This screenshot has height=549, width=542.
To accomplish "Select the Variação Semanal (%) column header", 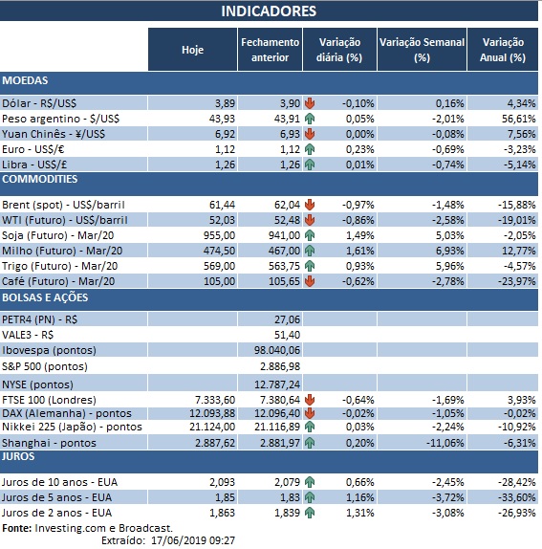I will point(422,50).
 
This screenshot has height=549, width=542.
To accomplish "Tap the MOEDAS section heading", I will point(26,80).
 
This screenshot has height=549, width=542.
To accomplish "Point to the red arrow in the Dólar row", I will point(310,102).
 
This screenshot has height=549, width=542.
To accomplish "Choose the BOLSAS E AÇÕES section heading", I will point(45,297).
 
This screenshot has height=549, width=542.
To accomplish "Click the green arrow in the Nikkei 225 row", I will point(310,428).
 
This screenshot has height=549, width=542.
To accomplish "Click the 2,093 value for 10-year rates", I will point(218,481).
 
